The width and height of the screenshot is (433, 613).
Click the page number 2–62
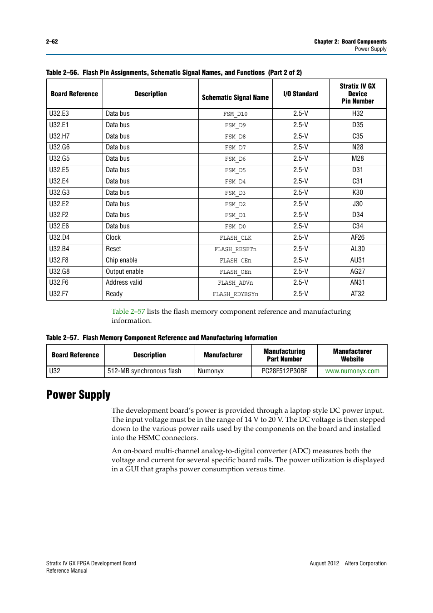52,41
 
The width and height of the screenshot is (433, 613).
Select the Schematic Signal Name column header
235,97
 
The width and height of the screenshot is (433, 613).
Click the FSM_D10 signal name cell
235,114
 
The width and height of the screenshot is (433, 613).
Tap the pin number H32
357,114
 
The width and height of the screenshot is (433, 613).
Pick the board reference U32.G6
59,147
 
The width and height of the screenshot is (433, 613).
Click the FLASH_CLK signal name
235,238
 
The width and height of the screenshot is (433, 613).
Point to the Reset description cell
113,249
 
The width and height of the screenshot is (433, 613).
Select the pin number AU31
357,260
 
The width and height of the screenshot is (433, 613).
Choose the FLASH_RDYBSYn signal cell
235,294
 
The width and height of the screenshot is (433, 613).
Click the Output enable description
124,272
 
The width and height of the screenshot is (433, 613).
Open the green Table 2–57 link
128,311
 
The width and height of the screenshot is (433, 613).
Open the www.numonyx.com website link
352,371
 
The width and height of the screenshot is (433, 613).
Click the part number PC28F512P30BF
284,371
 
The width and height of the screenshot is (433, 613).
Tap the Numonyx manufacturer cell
211,371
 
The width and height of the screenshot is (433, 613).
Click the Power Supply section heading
78,395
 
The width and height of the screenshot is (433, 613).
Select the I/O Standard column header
300,94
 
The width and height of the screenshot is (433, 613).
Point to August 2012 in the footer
324,563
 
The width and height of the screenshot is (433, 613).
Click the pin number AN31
357,282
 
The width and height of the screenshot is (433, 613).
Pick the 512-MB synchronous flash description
144,371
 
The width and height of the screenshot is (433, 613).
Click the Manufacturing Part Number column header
284,355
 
